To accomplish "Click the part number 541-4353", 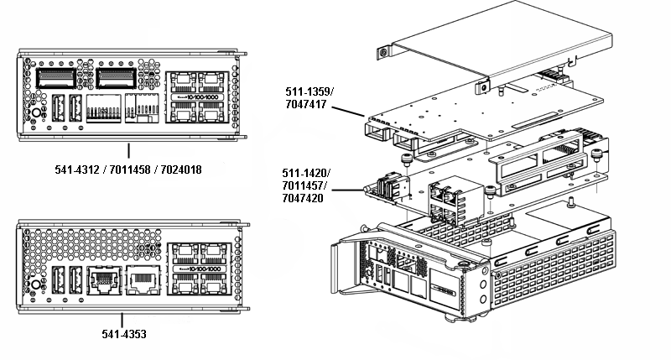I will (124, 334).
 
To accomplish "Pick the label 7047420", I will (306, 200).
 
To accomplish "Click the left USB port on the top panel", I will (58, 109).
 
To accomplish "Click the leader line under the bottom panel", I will (123, 320).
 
